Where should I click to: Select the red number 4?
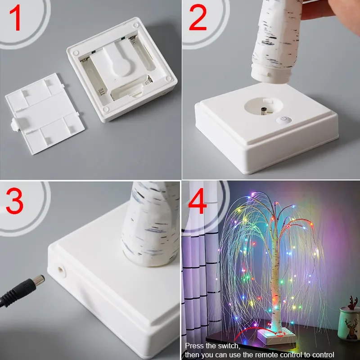point(197,201)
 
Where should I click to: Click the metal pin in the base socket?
point(261,112)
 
